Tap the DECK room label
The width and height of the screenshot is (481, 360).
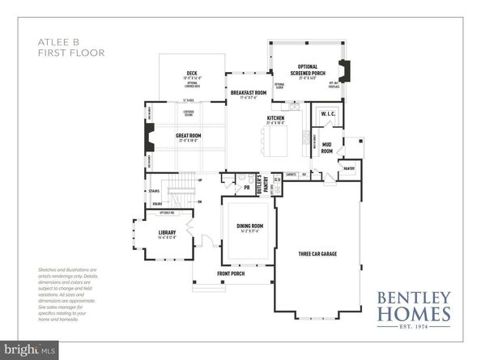[192, 74]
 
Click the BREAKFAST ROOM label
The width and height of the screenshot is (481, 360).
[248, 93]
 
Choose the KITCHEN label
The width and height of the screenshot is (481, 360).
[276, 118]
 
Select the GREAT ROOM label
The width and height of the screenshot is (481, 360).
[189, 136]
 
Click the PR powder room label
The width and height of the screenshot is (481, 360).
[245, 188]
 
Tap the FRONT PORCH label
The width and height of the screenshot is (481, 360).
[231, 273]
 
